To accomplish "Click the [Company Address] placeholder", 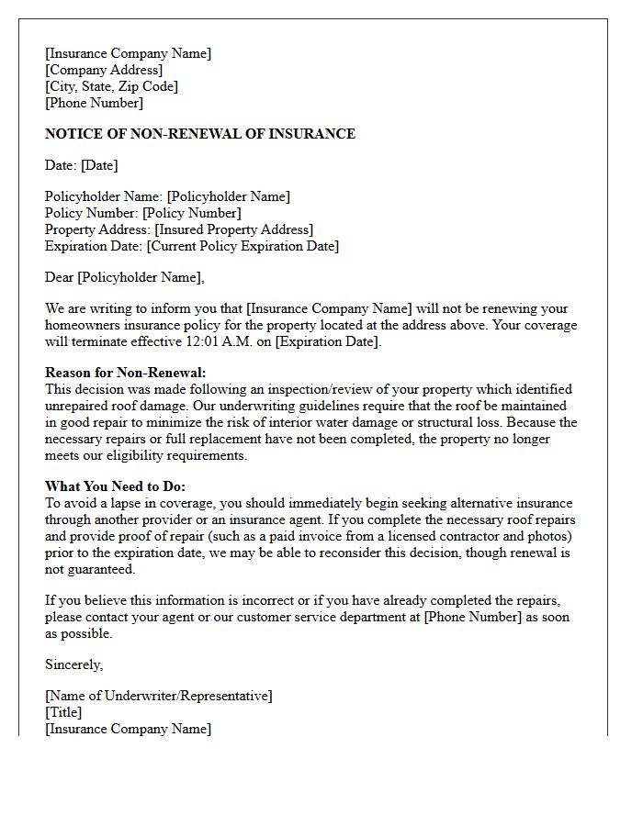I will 104,70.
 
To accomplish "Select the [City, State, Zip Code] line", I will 111,86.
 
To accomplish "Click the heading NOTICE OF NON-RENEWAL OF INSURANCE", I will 199,134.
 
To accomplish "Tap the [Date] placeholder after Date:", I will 99,165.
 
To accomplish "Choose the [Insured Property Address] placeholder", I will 233,229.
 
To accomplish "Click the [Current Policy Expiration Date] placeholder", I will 243,246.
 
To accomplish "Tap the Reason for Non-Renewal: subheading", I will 126,373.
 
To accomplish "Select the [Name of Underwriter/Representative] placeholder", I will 158,696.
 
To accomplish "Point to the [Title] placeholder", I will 63,712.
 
